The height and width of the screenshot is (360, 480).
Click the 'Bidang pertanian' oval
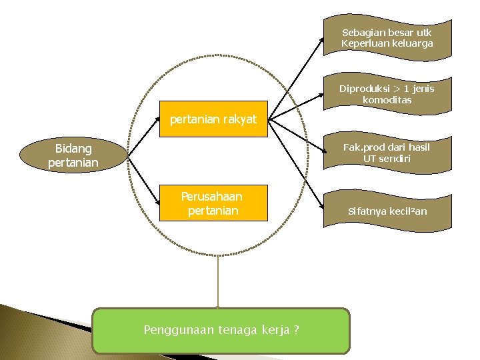tap(73, 155)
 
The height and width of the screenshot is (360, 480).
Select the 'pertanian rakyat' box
tap(213, 119)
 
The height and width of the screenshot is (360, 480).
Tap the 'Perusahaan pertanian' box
tap(213, 203)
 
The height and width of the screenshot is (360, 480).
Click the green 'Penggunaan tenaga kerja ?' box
tap(221, 330)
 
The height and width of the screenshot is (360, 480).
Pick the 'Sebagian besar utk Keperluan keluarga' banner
tap(387, 37)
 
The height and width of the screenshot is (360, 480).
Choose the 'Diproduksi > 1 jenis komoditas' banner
tap(387, 94)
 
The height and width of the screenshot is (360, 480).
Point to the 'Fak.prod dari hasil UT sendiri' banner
tap(387, 153)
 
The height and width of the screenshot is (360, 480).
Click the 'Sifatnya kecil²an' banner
tap(387, 211)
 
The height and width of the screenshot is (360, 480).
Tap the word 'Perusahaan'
tap(212, 197)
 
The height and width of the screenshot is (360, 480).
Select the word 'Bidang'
tap(73, 148)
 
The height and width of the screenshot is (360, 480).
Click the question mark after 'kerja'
tap(295, 330)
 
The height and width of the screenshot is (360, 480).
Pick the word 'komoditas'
tap(387, 100)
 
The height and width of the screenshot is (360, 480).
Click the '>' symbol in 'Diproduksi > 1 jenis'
tap(398, 88)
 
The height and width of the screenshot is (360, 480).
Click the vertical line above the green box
tap(217, 280)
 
